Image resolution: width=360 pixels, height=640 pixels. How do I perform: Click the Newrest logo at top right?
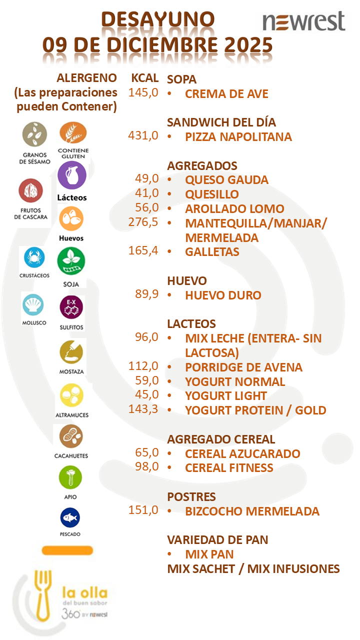[304, 21]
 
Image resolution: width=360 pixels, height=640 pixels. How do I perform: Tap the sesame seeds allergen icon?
[34, 134]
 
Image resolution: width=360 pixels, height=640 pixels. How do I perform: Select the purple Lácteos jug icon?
[72, 175]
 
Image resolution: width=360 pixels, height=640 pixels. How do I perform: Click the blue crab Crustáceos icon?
[34, 258]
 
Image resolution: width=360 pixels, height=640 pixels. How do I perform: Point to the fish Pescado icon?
[70, 518]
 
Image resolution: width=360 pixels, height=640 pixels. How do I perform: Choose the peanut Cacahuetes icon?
[71, 436]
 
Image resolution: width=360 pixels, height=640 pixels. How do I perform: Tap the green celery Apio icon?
[70, 477]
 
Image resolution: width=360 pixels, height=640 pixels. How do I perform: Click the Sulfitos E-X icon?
[71, 307]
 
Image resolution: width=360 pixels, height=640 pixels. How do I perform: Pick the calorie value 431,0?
[143, 135]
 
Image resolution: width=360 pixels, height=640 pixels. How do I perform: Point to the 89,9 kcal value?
[146, 294]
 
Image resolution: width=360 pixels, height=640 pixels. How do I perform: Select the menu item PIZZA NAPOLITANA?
[238, 136]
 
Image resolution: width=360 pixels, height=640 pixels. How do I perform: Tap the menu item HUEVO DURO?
[223, 295]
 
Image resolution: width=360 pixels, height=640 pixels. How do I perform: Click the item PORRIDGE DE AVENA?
[243, 367]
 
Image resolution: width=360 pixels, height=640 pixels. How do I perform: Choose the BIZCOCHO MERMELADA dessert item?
[252, 511]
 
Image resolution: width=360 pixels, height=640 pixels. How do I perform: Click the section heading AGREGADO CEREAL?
[221, 439]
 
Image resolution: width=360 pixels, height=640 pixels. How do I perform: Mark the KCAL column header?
[145, 78]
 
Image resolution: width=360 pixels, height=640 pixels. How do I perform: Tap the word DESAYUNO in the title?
[158, 19]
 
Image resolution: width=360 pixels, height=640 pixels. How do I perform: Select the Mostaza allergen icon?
[71, 353]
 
